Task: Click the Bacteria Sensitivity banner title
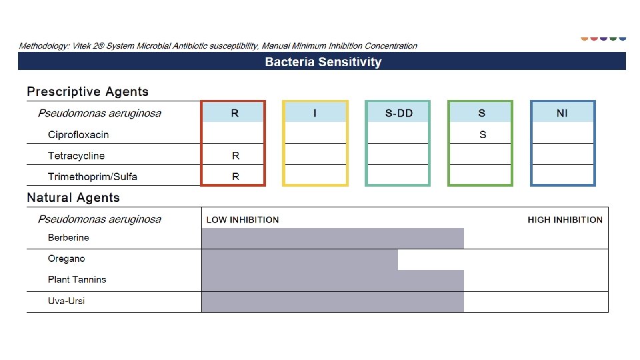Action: (323, 62)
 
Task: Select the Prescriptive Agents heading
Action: (87, 92)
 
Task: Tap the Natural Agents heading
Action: (73, 197)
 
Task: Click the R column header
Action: (235, 113)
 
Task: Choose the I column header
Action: (315, 113)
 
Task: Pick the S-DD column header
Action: (399, 113)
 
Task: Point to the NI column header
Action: (562, 113)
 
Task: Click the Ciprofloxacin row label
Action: (78, 135)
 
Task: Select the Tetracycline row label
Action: (76, 156)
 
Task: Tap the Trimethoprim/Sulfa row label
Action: (93, 177)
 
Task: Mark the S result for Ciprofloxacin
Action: (483, 135)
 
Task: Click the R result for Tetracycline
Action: (235, 156)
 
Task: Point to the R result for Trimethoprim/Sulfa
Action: (235, 177)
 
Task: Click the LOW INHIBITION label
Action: (243, 219)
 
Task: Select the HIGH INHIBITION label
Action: (565, 219)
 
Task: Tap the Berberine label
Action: (68, 237)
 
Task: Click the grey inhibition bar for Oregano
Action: (299, 259)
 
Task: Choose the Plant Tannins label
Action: (77, 279)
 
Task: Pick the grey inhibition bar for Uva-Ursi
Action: (332, 301)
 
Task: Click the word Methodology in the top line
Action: (41, 46)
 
